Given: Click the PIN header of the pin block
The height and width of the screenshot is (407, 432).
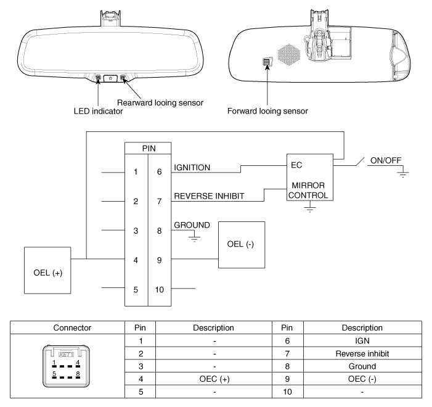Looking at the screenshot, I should [x=149, y=149].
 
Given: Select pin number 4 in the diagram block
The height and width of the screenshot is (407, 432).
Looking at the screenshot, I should [x=136, y=260].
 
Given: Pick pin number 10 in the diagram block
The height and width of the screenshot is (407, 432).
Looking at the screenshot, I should [x=160, y=289].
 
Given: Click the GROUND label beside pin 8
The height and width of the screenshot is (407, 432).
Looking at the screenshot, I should [x=192, y=226].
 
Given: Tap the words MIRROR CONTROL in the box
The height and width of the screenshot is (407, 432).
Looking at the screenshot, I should [x=309, y=191].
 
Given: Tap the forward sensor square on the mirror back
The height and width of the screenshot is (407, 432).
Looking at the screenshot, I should [x=267, y=62].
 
